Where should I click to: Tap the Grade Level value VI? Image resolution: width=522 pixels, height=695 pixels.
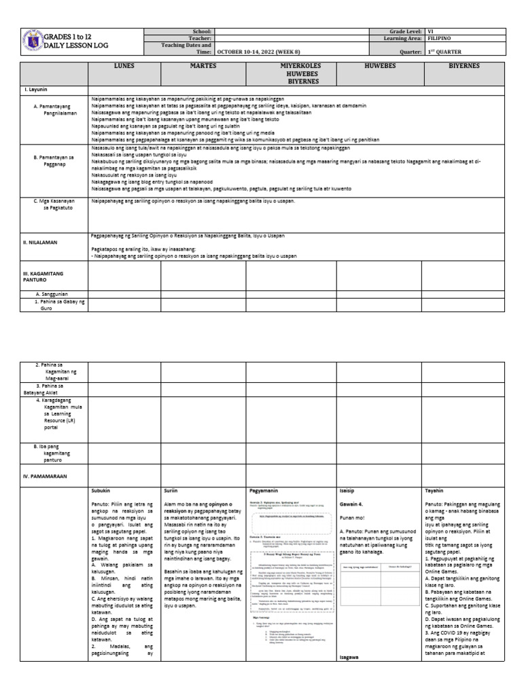(430, 31)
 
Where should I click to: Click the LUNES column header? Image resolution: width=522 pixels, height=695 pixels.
(124, 67)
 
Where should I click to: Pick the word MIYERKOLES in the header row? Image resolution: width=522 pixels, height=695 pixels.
(290, 67)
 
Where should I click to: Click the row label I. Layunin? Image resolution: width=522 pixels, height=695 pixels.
(35, 90)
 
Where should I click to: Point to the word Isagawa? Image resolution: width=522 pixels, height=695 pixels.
(351, 658)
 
